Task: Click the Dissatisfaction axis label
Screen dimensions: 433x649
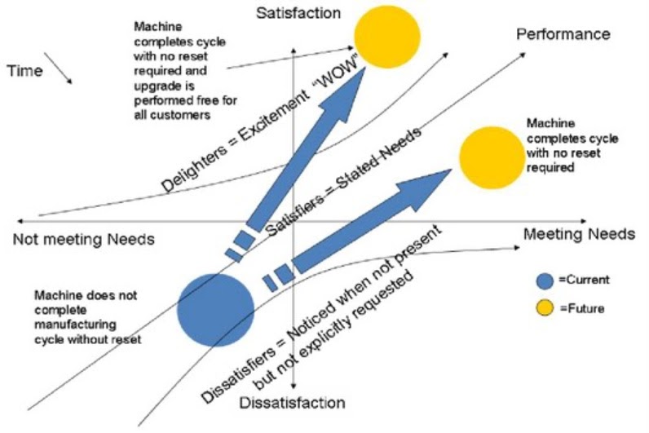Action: pyautogui.click(x=293, y=403)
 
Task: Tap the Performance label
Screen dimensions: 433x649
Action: pyautogui.click(x=563, y=34)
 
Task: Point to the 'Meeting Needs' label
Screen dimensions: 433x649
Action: pyautogui.click(x=578, y=235)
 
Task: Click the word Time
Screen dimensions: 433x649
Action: pyautogui.click(x=24, y=71)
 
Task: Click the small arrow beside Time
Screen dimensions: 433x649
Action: pyautogui.click(x=59, y=68)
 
